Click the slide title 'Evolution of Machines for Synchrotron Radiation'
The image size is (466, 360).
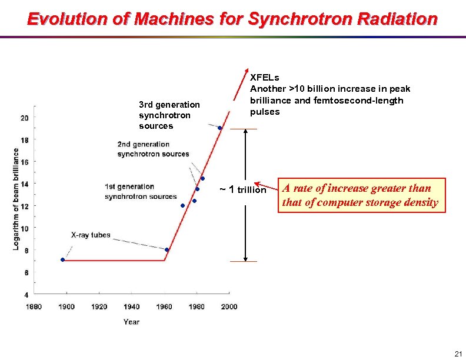232,19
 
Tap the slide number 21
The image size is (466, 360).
457,353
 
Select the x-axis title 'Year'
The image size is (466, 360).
131,322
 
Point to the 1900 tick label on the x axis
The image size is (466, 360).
66,306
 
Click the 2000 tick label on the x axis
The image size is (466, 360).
229,306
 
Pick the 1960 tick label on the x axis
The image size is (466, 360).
164,306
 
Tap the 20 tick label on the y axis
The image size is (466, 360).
24,118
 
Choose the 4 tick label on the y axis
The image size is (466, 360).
26,294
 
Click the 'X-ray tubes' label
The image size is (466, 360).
91,235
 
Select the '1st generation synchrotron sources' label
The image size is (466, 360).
141,192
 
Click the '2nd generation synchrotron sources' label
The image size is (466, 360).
153,149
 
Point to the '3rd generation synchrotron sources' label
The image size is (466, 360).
169,115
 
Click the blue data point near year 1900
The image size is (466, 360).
62,259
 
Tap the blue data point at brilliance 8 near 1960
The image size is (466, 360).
167,249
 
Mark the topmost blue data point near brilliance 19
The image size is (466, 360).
219,128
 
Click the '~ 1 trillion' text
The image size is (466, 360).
242,189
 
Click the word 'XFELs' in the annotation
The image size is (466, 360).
265,77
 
